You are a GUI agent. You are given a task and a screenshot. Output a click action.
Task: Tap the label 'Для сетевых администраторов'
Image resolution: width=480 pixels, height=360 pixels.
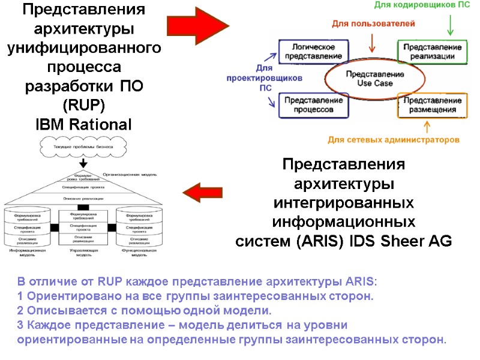(x=394, y=140)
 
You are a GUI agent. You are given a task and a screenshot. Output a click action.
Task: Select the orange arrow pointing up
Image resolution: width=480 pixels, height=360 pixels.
(x=427, y=126)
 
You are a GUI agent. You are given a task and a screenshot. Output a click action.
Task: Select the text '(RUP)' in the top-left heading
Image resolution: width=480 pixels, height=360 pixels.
(x=84, y=106)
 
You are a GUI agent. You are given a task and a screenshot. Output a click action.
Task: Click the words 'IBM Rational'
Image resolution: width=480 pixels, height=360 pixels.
(x=83, y=125)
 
